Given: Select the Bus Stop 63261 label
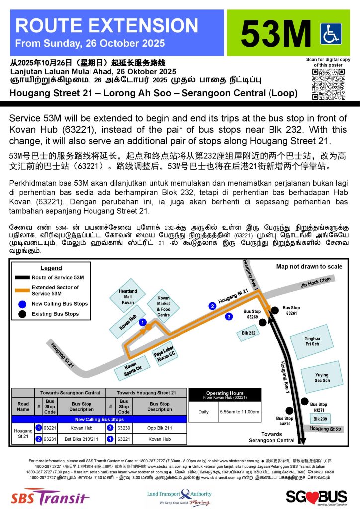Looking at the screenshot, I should click(x=291, y=311).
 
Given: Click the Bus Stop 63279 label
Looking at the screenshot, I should click(x=285, y=421).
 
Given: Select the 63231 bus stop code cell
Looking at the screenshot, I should click(x=50, y=440).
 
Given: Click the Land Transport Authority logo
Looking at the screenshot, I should click(x=180, y=496).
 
